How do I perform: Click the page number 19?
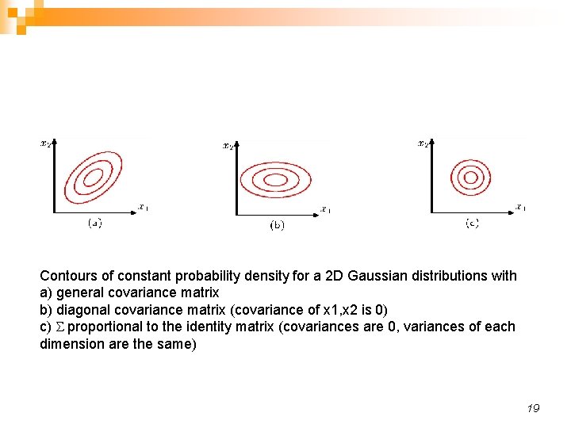pos(533,408)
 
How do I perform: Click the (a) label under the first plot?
pos(94,223)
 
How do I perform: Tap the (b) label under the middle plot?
pos(278,225)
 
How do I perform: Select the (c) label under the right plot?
pos(472,224)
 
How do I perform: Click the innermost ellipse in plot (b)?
pos(275,180)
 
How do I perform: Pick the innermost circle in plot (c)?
pos(470,178)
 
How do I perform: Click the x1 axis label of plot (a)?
pos(143,208)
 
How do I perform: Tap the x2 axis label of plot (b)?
pos(228,145)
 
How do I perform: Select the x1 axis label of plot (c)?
pos(520,208)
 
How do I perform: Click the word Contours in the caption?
pos(67,276)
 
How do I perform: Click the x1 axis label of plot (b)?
pos(325,210)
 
